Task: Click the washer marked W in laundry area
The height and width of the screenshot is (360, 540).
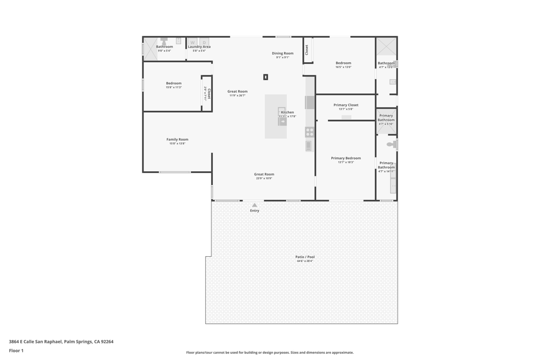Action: [192, 42]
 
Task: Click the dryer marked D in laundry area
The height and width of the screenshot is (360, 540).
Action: [204, 42]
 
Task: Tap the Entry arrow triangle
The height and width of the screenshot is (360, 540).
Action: [255, 205]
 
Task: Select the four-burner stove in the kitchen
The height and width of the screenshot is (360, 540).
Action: [310, 132]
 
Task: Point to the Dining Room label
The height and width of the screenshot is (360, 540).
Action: [283, 53]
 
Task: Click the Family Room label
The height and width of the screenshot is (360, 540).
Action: [177, 140]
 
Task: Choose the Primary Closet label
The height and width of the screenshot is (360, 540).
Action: [346, 105]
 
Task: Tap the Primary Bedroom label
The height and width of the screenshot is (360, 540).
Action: [346, 158]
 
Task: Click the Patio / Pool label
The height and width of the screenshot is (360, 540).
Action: [305, 257]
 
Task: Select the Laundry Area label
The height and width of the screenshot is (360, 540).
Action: [199, 47]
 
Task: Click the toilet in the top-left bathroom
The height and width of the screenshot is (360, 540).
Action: [164, 41]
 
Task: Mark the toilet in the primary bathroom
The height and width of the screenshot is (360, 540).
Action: [391, 144]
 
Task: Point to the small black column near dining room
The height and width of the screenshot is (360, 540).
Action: [266, 77]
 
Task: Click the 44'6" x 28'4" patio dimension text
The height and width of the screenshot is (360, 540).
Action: [305, 261]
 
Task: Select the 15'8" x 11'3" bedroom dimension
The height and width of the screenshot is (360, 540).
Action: [173, 87]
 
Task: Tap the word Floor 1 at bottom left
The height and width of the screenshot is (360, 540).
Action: [16, 351]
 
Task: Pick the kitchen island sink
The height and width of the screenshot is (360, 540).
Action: [282, 121]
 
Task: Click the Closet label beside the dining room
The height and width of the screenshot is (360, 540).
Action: [307, 50]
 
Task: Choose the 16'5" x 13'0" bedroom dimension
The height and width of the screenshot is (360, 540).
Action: [343, 67]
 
